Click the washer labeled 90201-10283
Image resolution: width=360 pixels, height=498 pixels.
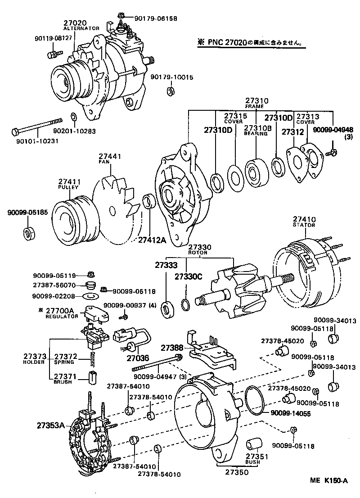[x=74, y=118]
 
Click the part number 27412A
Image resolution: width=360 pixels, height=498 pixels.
[x=152, y=240]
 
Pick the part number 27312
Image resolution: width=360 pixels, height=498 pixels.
[x=291, y=132]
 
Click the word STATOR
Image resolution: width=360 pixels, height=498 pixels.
[x=304, y=225]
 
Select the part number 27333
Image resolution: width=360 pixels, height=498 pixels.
[x=167, y=265]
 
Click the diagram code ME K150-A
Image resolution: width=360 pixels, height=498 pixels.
[x=328, y=480]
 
